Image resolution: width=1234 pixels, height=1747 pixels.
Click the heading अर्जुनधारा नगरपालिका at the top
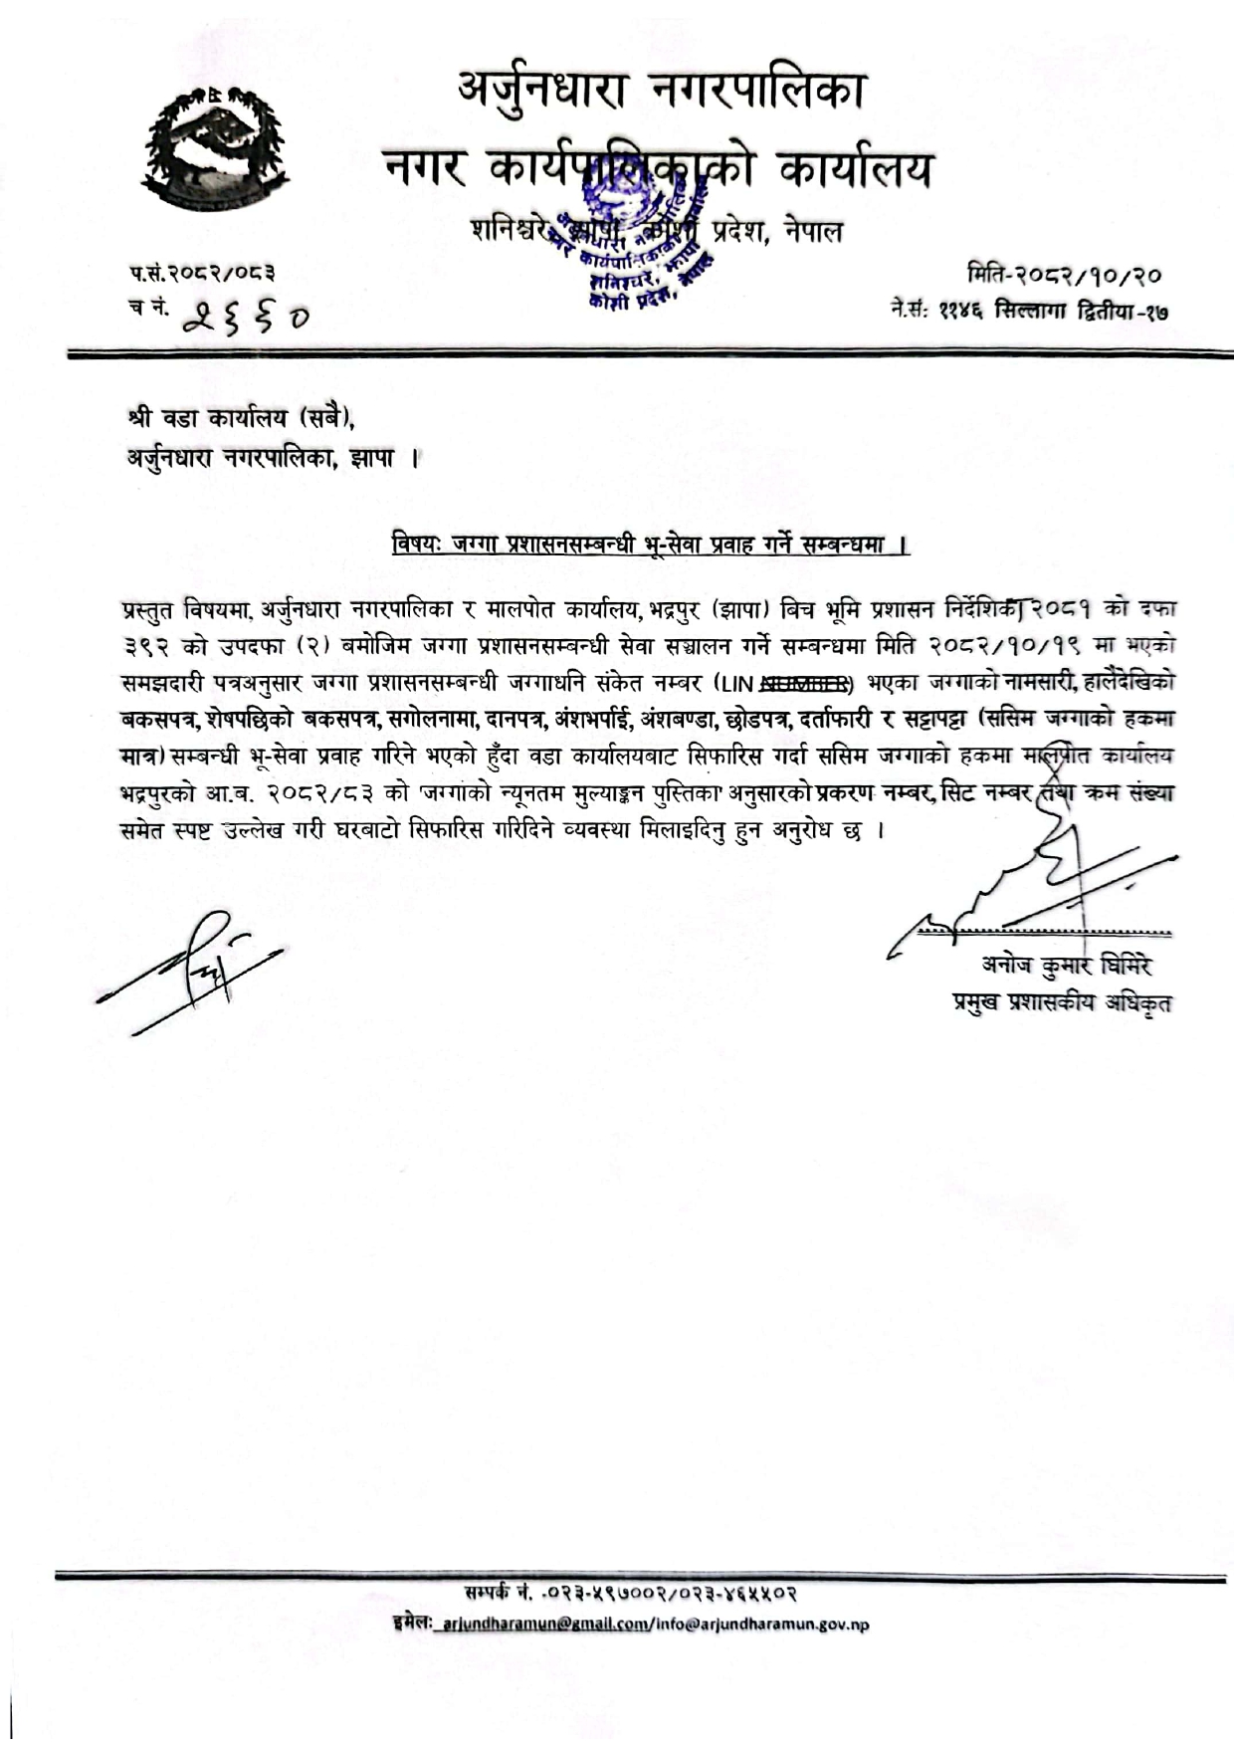(661, 91)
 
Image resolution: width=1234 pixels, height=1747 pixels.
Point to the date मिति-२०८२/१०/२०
(1065, 275)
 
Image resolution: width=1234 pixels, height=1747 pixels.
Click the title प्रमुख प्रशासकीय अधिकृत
(1061, 1001)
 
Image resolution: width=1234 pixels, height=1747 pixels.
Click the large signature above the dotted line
(1035, 886)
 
